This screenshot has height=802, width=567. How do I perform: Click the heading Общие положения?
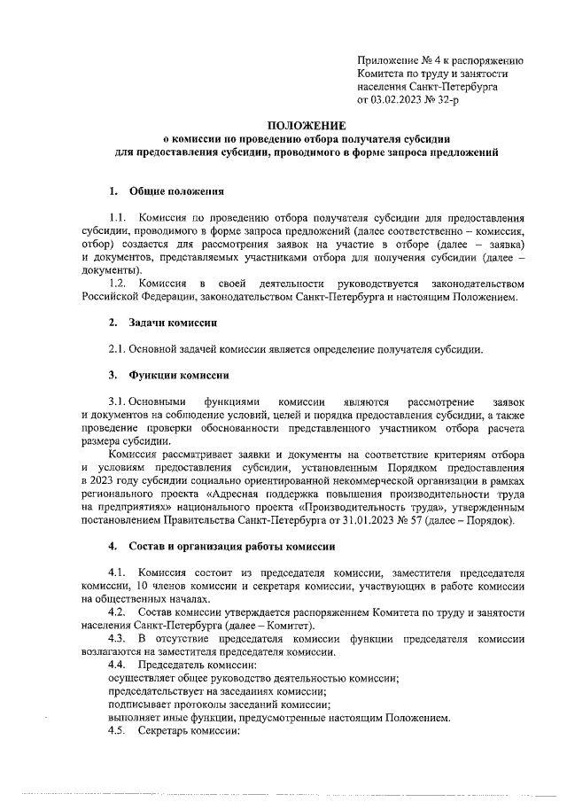coord(176,191)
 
